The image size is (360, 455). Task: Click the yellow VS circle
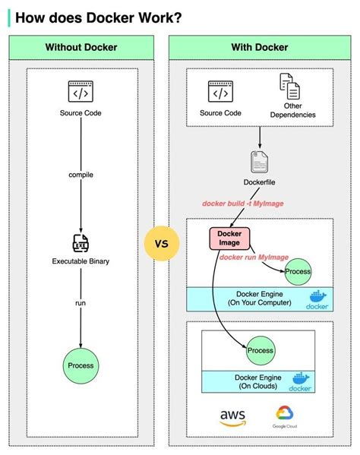tap(161, 245)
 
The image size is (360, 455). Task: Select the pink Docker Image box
tap(224, 238)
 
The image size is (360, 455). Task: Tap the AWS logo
tap(232, 416)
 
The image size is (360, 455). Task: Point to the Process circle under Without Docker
tap(81, 365)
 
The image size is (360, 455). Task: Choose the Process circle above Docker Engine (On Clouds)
tap(260, 350)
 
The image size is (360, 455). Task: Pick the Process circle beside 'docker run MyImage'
tap(298, 271)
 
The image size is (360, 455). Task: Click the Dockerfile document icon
tap(261, 162)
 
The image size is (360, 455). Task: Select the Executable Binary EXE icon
tap(81, 243)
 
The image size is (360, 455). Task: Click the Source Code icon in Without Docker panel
tap(81, 92)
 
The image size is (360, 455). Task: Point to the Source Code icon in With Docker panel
tap(220, 92)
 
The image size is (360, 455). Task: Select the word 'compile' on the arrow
tap(81, 174)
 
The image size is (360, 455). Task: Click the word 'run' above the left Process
tap(81, 302)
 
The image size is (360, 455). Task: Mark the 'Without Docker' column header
tap(81, 47)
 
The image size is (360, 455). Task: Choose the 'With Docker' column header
tap(260, 47)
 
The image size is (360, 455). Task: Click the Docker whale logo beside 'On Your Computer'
tap(316, 299)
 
